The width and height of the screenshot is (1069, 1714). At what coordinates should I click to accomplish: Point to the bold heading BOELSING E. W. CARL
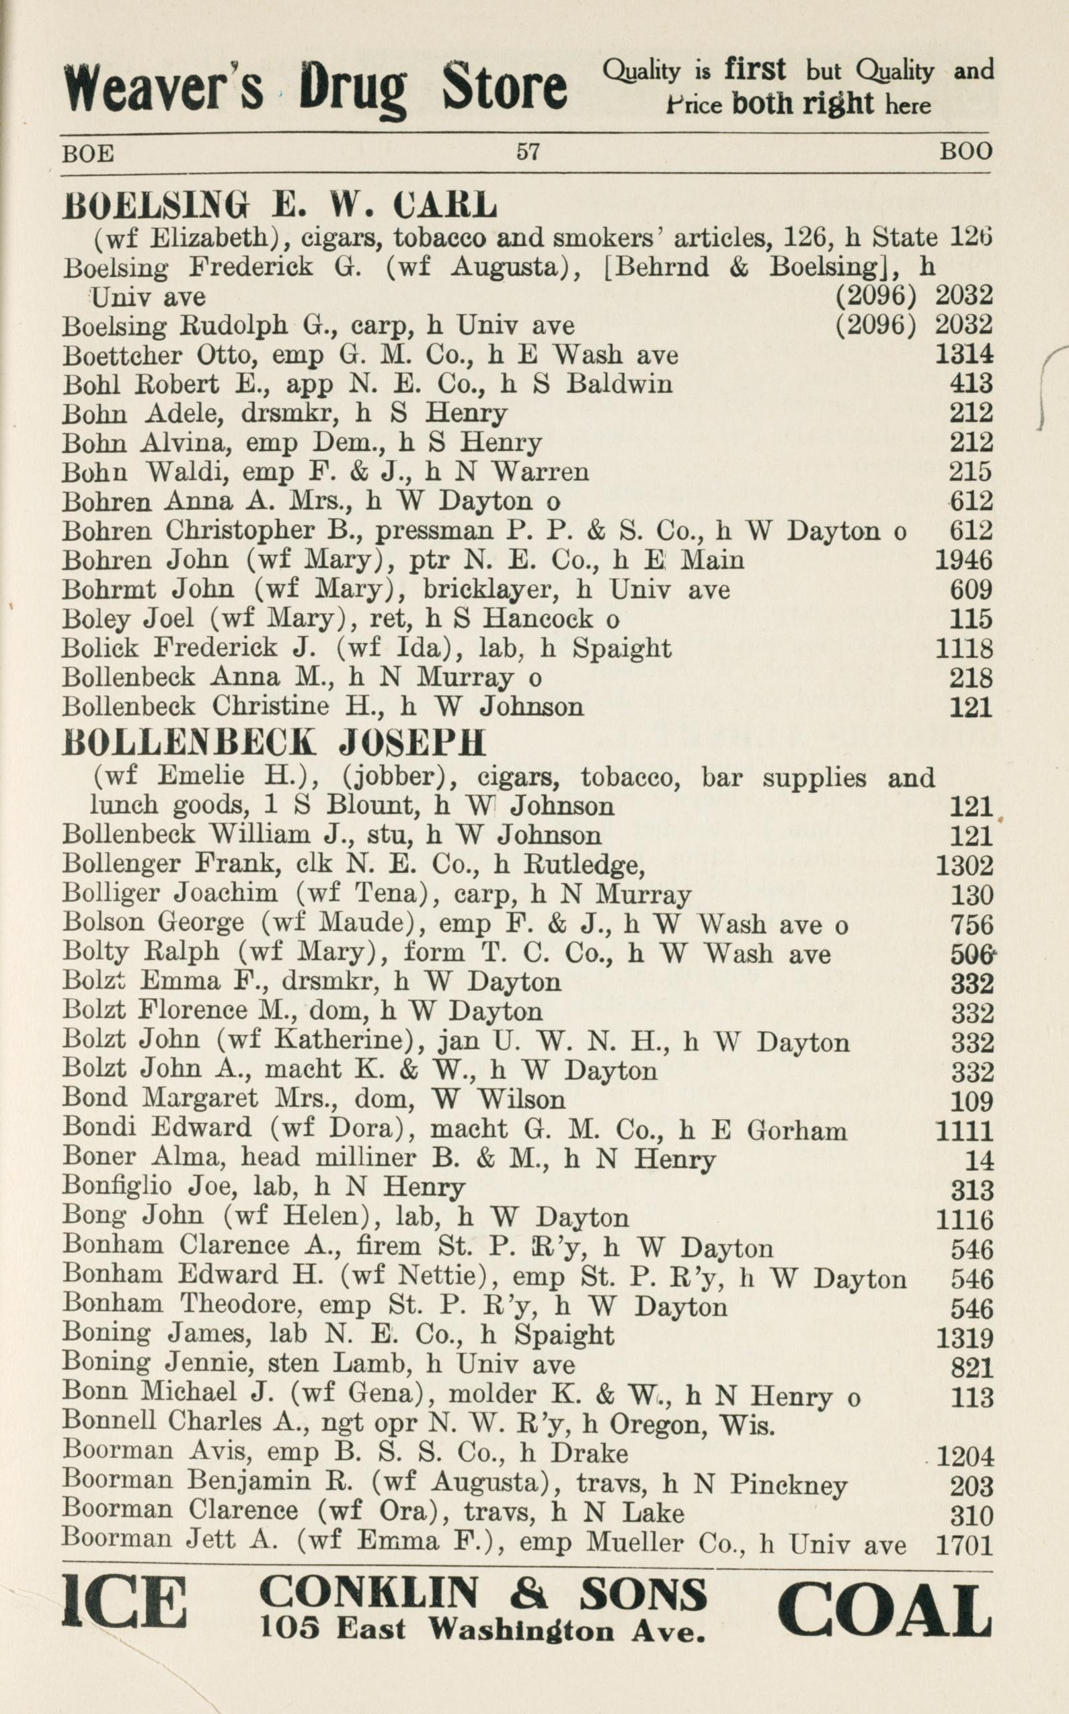click(x=280, y=205)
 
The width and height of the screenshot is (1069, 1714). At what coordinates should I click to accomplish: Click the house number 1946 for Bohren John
click(x=963, y=560)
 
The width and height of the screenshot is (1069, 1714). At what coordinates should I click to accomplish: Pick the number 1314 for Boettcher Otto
click(x=963, y=354)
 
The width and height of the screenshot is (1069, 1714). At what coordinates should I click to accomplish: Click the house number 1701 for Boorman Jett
click(x=964, y=1546)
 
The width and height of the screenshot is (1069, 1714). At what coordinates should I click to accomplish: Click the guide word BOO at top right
click(x=965, y=151)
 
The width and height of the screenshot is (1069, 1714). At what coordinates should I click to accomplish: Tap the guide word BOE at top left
click(x=88, y=153)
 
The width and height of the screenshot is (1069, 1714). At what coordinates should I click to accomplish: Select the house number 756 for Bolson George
click(x=972, y=924)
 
